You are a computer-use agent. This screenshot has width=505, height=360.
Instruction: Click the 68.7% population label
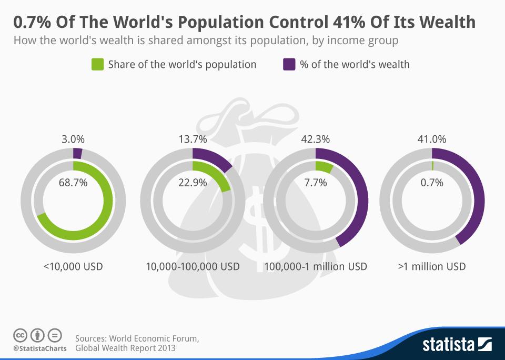click(73, 183)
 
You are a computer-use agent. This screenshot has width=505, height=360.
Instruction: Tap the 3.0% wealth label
click(73, 139)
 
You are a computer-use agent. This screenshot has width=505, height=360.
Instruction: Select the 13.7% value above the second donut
click(193, 139)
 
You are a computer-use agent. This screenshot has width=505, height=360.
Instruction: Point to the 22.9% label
click(193, 183)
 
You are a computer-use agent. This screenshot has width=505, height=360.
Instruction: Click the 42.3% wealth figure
click(316, 139)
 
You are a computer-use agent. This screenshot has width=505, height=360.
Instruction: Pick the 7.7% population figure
click(316, 183)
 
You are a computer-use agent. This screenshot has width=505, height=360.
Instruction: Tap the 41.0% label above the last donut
click(432, 139)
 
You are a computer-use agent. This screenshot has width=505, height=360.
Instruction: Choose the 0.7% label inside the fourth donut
click(432, 183)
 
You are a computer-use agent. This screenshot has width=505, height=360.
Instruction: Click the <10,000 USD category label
click(73, 266)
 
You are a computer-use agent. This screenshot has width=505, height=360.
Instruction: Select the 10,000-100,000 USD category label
click(193, 266)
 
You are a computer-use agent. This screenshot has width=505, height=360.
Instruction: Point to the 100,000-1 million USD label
click(316, 266)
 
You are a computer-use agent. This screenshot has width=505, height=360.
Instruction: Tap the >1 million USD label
click(432, 266)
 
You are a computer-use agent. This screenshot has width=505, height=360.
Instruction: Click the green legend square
click(97, 64)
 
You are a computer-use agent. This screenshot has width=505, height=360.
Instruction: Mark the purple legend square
click(289, 64)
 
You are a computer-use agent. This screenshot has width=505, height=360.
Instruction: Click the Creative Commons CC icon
click(20, 335)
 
